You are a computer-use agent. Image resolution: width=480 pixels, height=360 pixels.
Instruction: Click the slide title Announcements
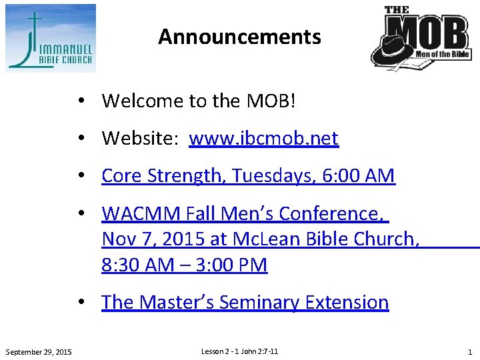pyautogui.click(x=239, y=37)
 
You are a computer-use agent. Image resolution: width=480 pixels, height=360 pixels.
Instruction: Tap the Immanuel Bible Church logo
pyautogui.click(x=51, y=38)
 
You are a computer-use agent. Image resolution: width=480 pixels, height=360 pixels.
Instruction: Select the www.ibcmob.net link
pyautogui.click(x=263, y=139)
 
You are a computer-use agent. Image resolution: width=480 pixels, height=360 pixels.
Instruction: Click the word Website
pyautogui.click(x=139, y=139)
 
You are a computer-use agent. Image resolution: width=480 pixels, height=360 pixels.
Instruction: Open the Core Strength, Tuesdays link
pyautogui.click(x=200, y=176)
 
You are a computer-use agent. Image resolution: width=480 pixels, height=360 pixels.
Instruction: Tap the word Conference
pyautogui.click(x=331, y=214)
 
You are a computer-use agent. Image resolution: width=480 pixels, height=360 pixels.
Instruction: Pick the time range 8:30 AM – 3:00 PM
pyautogui.click(x=185, y=265)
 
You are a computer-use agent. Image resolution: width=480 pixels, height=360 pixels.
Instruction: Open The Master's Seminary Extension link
pyautogui.click(x=245, y=302)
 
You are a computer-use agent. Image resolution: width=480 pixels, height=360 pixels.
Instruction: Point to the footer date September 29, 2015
pyautogui.click(x=39, y=352)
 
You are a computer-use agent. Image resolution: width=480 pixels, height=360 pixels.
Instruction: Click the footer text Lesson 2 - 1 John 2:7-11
pyautogui.click(x=239, y=351)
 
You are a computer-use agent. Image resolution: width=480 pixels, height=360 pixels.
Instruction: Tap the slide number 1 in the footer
pyautogui.click(x=469, y=352)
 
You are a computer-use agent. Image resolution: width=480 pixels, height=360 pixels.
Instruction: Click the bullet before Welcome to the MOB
pyautogui.click(x=79, y=101)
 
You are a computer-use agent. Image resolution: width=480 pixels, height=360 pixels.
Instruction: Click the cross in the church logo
pyautogui.click(x=32, y=27)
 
